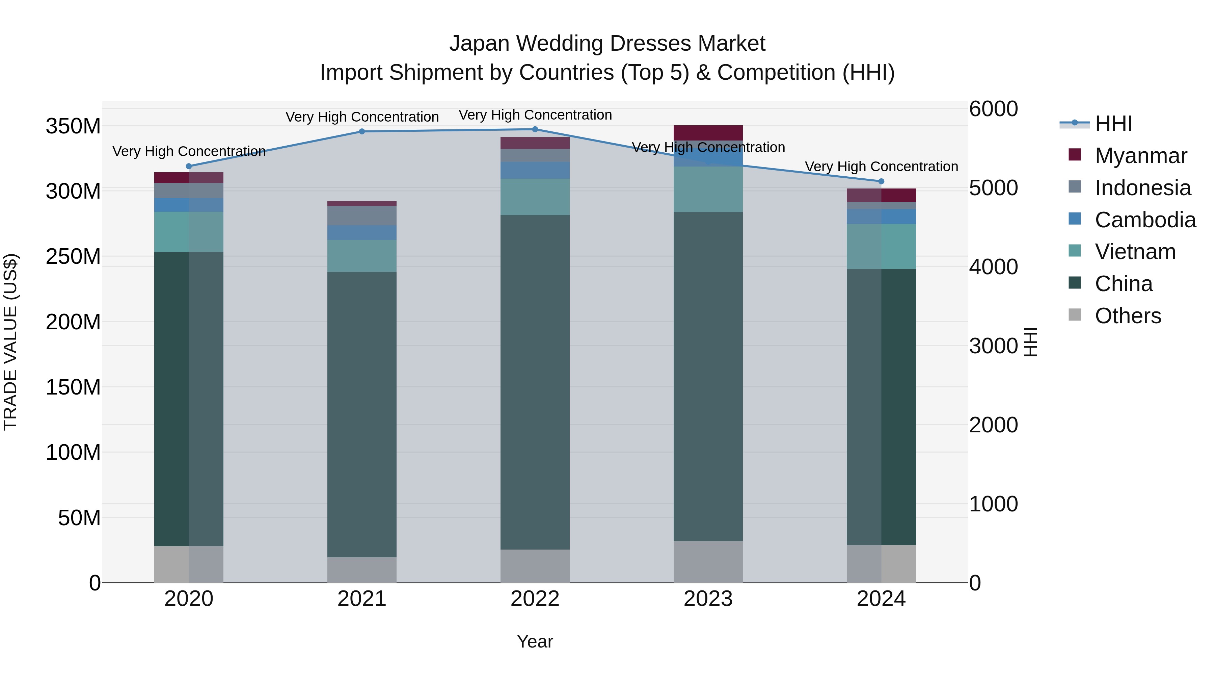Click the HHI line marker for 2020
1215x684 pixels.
189,166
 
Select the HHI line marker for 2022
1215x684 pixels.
535,129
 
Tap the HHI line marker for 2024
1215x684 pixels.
881,181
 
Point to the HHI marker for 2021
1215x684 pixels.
362,131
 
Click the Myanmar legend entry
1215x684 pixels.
1140,156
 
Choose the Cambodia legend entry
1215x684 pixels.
1145,220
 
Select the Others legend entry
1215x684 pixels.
1127,316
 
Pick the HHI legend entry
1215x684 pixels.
1113,124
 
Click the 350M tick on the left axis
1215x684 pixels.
73,127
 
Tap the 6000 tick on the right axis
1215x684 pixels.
993,109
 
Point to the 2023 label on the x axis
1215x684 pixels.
708,599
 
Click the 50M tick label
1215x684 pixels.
79,518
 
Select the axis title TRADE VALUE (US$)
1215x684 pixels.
11,342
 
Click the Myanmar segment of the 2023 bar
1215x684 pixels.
708,133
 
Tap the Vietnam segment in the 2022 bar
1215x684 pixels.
535,197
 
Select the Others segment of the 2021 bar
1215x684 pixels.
362,570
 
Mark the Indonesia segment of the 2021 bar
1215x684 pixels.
362,216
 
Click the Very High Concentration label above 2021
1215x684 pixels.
362,117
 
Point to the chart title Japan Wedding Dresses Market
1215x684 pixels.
607,44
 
